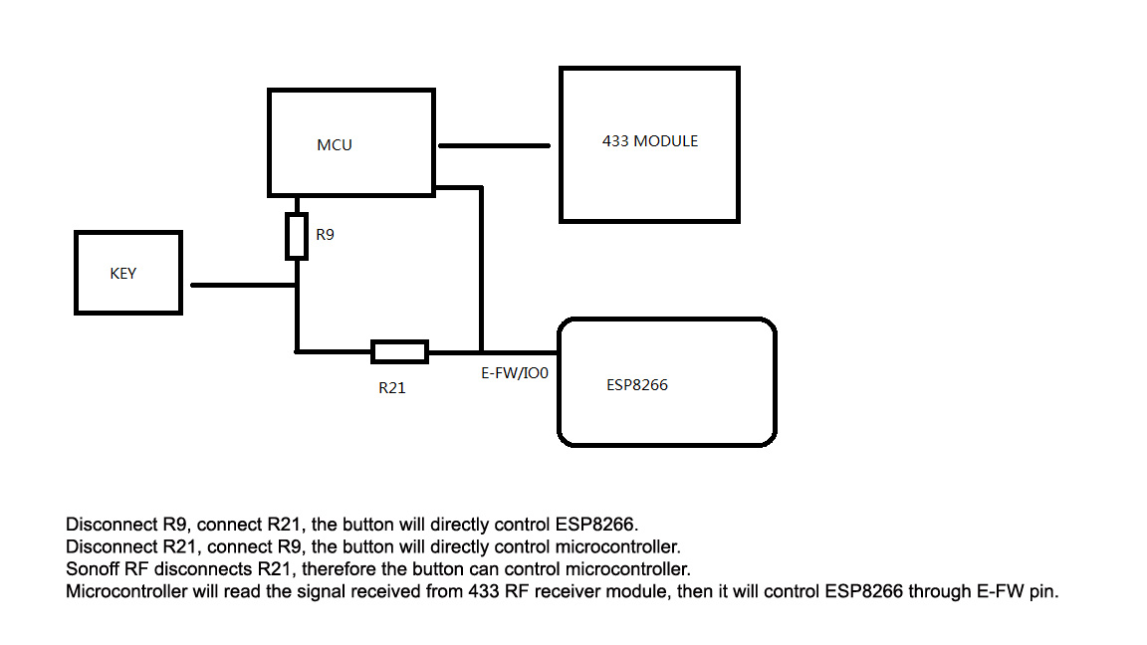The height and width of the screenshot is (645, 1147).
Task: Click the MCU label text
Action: click(335, 145)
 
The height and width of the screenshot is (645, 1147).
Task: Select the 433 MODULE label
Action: click(650, 141)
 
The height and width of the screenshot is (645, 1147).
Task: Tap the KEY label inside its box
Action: click(123, 274)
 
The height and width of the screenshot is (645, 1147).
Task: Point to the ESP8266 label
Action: click(637, 384)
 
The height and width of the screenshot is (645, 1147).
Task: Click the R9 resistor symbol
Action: click(297, 236)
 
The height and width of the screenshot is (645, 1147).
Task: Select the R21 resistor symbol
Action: click(399, 351)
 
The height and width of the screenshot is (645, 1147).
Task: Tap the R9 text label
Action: click(325, 236)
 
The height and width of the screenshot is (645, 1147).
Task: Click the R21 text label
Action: click(392, 388)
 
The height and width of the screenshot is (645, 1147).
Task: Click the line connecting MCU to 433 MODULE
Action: click(494, 145)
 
